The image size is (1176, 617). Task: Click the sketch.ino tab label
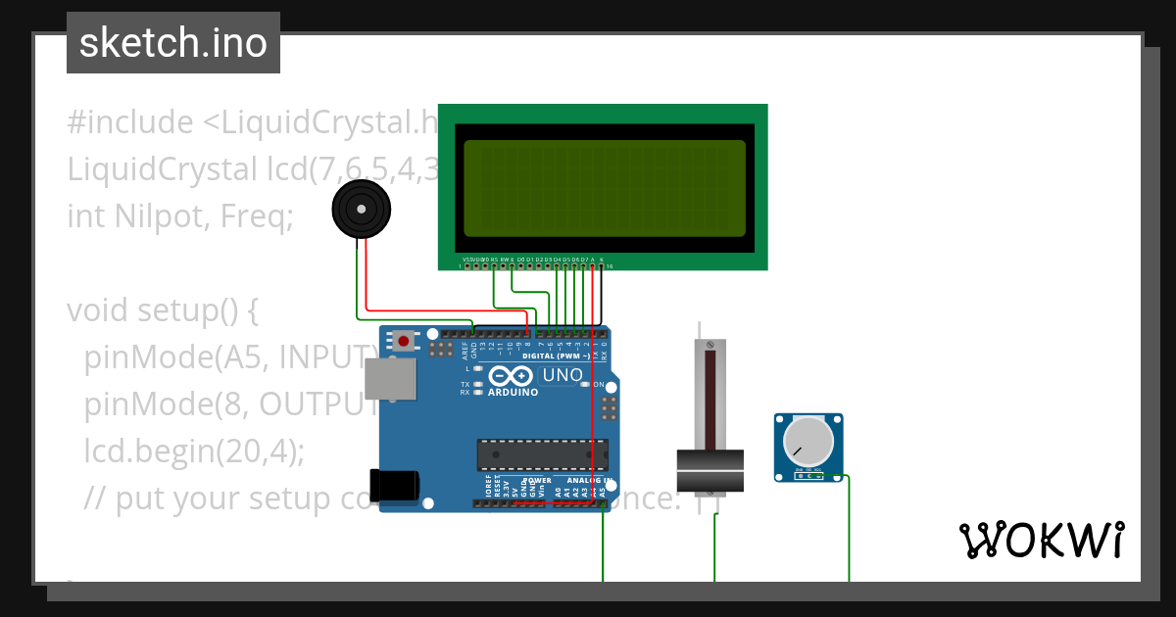pos(172,43)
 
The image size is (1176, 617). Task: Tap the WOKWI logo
pos(1041,541)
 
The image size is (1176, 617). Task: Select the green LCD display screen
pos(604,188)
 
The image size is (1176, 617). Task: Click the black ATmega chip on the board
pos(542,454)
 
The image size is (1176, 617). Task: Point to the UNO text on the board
pos(562,375)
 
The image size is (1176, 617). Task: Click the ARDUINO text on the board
pos(511,393)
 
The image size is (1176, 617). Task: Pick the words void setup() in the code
pos(162,310)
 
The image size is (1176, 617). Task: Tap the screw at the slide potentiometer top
pos(710,344)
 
